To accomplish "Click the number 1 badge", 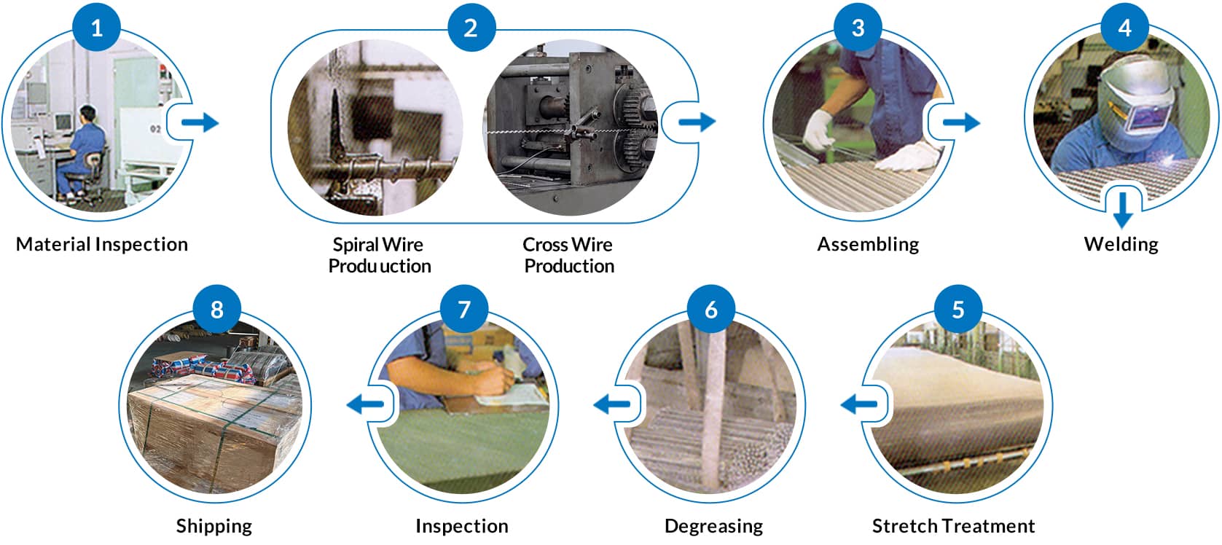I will [x=96, y=28].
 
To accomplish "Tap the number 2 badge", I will [x=471, y=28].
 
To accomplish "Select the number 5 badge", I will [x=957, y=309].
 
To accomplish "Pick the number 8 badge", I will [x=216, y=309].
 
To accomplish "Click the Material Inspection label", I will [x=102, y=244].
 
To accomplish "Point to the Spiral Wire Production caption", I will [x=379, y=255].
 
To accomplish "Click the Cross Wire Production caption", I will [x=568, y=255].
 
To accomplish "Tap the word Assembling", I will [x=867, y=244].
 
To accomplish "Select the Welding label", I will [x=1121, y=244].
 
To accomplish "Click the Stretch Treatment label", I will [x=953, y=526].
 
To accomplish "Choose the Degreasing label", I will [x=713, y=526].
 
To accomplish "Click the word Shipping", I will [x=214, y=526].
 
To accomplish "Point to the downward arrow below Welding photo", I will [x=1123, y=210].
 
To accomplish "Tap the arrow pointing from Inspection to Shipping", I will [x=365, y=404].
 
